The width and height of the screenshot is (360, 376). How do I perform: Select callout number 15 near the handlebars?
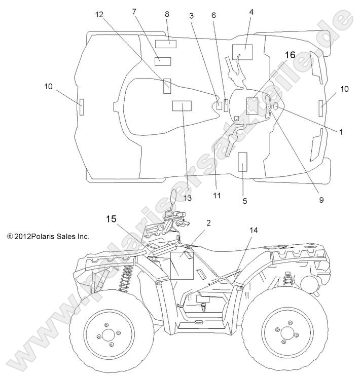[111, 219]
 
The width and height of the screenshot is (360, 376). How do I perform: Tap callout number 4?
[251, 11]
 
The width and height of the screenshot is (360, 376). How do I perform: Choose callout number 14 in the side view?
[254, 230]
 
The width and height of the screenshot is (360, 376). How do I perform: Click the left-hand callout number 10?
[48, 87]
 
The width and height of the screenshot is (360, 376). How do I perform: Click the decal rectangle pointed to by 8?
[165, 43]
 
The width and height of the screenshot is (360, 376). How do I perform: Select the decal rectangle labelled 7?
[163, 62]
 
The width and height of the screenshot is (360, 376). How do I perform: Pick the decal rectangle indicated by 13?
[182, 105]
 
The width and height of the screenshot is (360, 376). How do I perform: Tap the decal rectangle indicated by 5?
[242, 162]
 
